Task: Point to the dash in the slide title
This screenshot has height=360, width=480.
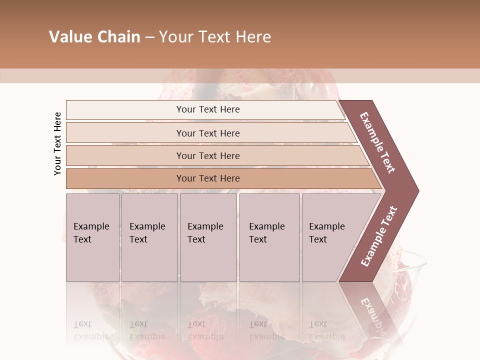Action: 149,37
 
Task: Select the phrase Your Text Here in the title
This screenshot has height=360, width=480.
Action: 215,37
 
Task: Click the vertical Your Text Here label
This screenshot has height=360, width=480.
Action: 57,143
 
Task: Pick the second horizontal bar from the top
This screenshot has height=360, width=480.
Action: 207,133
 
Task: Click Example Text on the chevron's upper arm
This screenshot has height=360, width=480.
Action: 377,142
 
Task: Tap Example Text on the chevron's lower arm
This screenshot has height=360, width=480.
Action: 378,236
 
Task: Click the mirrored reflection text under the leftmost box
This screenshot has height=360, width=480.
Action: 91,330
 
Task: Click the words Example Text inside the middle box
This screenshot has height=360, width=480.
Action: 205,232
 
